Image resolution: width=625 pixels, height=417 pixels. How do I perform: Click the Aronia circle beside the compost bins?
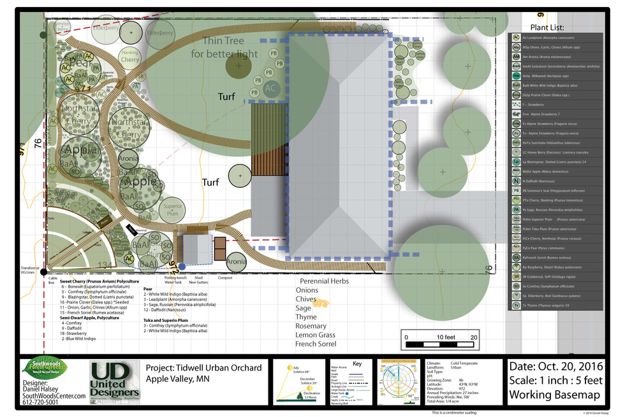pos(236,261)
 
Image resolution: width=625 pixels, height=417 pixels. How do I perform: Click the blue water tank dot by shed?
pos(182,266)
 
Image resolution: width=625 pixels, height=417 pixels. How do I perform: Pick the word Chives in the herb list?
pos(306,299)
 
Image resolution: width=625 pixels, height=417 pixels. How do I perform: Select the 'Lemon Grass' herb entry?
pos(316,335)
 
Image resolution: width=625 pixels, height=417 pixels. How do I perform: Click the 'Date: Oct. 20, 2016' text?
pos(556,367)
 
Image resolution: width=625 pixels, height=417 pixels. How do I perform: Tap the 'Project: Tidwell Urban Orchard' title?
pos(204,368)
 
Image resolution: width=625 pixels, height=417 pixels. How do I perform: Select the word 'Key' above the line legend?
pos(357,364)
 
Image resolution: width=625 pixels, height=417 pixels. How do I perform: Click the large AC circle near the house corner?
pos(271,88)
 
